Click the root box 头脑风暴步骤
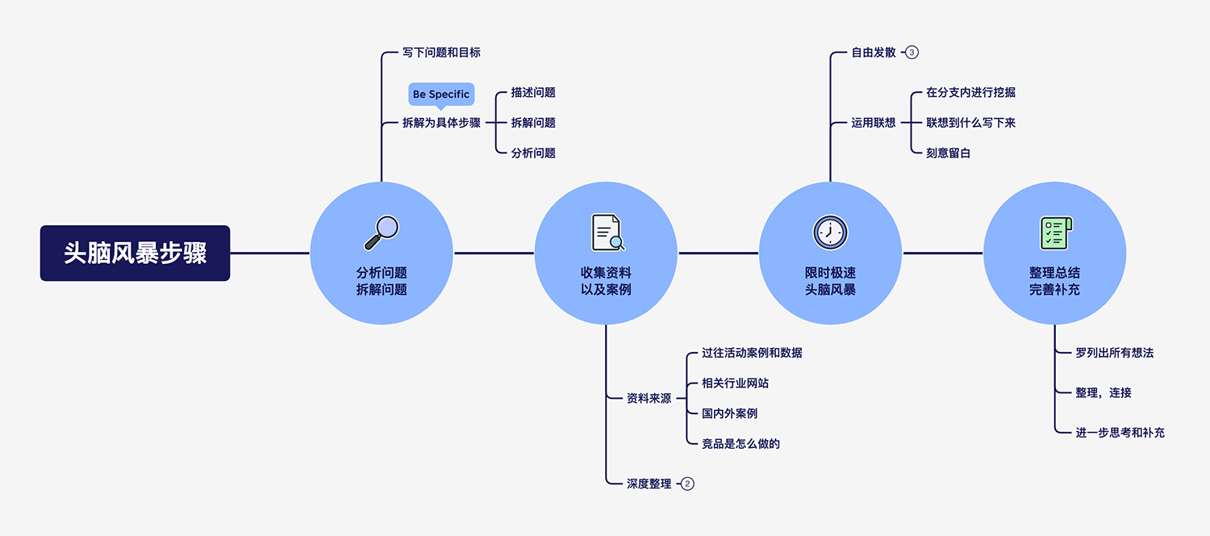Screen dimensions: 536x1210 click(x=135, y=253)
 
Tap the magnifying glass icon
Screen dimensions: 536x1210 click(x=382, y=232)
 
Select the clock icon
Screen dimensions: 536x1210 click(x=830, y=232)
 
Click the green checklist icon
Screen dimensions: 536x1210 click(x=1054, y=232)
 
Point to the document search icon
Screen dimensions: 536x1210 click(x=607, y=232)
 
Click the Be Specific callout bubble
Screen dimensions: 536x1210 click(x=440, y=94)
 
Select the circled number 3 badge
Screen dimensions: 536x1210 click(x=912, y=52)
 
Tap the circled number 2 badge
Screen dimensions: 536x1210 click(x=687, y=484)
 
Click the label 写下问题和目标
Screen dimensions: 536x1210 click(x=441, y=52)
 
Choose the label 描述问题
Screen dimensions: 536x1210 click(x=533, y=93)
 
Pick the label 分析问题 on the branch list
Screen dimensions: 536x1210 click(x=533, y=153)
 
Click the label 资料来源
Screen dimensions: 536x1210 click(x=649, y=399)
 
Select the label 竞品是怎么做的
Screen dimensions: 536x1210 click(x=741, y=444)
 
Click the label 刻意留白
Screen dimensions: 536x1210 click(x=948, y=153)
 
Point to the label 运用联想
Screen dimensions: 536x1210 click(x=874, y=124)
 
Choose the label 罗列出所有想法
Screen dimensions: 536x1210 click(x=1115, y=354)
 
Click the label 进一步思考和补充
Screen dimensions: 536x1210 click(x=1120, y=433)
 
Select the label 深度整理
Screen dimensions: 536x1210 click(x=649, y=484)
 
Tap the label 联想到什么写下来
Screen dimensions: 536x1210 click(x=970, y=124)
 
